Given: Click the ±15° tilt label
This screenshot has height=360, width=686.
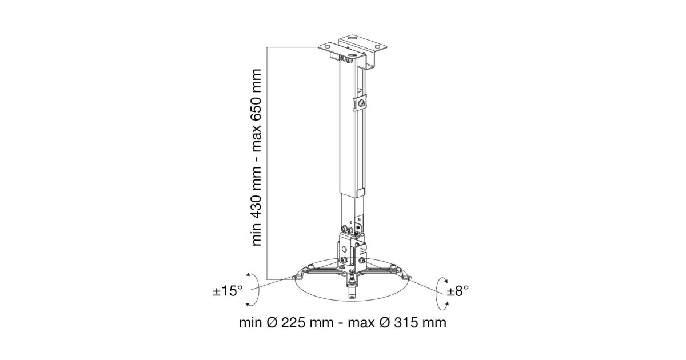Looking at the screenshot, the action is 228,291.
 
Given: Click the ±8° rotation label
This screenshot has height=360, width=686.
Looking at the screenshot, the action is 457,291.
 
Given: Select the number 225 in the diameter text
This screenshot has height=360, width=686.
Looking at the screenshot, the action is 294,323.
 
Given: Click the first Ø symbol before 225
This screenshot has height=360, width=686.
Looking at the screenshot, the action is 272,323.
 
